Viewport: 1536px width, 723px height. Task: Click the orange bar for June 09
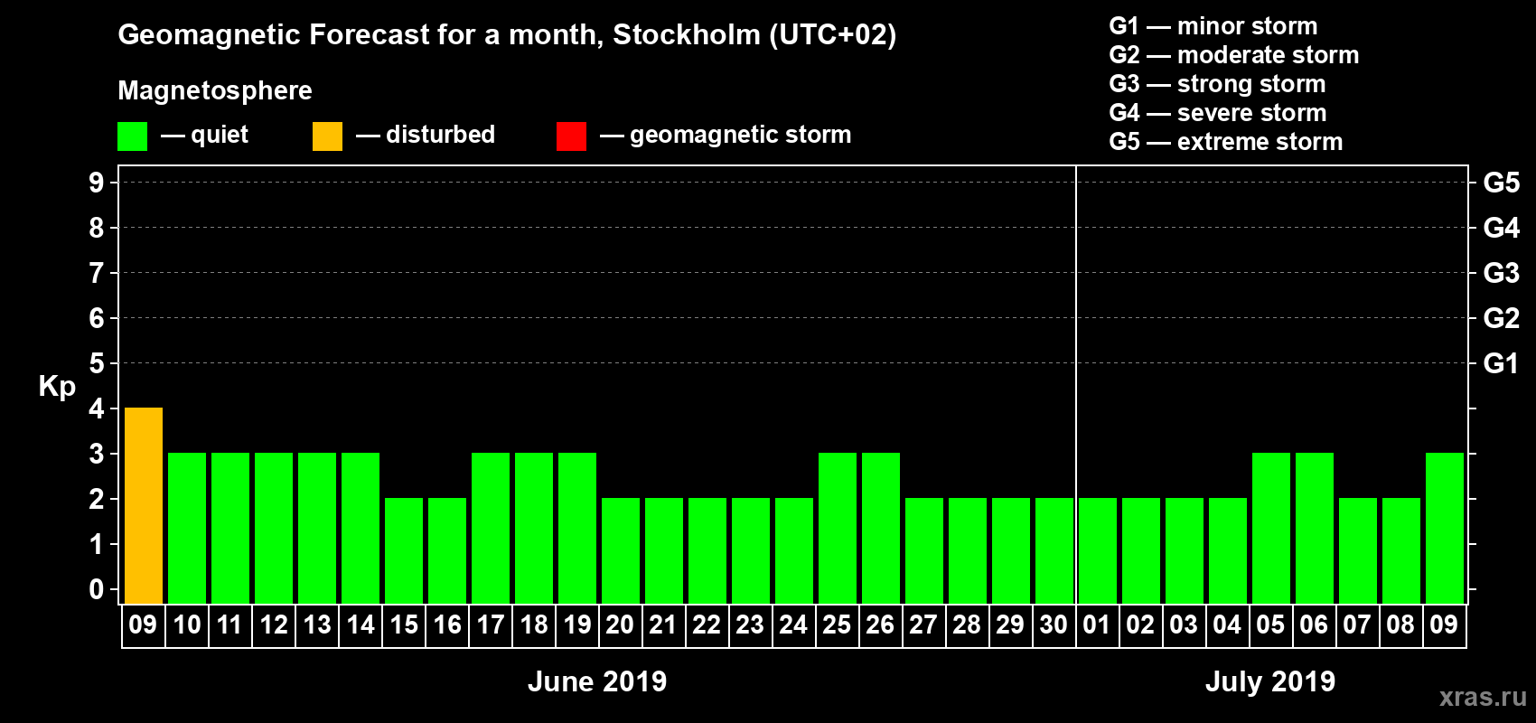[x=144, y=505]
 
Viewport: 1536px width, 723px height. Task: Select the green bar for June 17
[x=491, y=528]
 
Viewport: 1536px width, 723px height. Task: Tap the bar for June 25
[x=838, y=528]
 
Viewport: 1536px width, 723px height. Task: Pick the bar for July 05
[x=1271, y=528]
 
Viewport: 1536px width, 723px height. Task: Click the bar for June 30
[x=1054, y=550]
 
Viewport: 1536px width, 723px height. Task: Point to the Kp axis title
[x=57, y=386]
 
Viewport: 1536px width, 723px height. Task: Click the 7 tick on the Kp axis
[x=97, y=273]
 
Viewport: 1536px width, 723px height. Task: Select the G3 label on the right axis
[x=1501, y=273]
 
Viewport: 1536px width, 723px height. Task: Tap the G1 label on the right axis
[x=1501, y=363]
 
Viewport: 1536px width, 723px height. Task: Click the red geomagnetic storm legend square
[x=571, y=136]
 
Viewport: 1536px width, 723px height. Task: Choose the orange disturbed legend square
[x=327, y=136]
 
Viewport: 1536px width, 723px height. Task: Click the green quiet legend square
[x=133, y=136]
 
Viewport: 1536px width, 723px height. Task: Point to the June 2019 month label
[x=597, y=681]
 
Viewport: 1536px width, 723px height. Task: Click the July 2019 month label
[x=1270, y=681]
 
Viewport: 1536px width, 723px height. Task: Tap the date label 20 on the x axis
[x=620, y=624]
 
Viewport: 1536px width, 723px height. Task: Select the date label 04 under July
[x=1227, y=624]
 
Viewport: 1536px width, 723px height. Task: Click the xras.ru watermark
[x=1483, y=697]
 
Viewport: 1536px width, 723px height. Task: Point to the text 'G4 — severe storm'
[x=1218, y=113]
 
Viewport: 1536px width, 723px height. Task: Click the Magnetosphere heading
[x=215, y=90]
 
